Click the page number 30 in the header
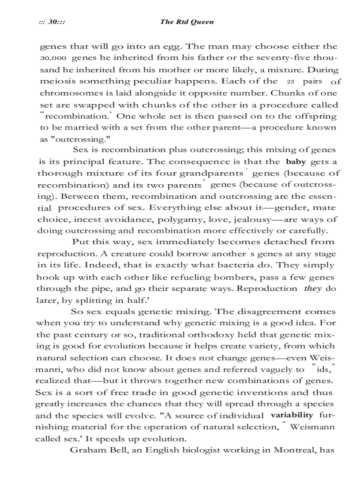[x=55, y=22]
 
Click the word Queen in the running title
[x=202, y=22]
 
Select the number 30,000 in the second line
[x=53, y=58]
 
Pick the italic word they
[x=313, y=288]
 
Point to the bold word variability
[x=292, y=415]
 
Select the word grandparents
[x=211, y=173]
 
